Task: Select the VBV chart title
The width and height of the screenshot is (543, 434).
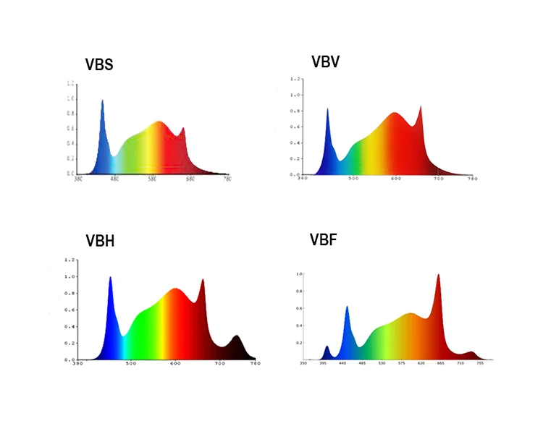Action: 325,61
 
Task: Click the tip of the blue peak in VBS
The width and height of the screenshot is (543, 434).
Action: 102,101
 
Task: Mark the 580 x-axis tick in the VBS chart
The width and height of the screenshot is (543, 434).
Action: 153,179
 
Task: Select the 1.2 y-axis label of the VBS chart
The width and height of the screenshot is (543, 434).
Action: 70,84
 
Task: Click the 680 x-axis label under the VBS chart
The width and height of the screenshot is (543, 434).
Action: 190,179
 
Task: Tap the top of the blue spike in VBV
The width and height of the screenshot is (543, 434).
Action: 327,109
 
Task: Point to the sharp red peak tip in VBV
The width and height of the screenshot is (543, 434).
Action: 420,106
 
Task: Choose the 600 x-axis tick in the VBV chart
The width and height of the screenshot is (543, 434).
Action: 396,179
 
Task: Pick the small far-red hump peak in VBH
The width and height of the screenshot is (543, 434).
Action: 237,336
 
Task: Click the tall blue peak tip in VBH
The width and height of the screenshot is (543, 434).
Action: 110,277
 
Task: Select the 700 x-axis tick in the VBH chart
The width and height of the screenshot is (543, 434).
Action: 219,364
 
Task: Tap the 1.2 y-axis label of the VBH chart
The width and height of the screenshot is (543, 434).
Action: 70,260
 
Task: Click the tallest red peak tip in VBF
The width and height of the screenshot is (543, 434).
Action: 437,275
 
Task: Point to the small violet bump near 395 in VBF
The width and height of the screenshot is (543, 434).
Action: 327,347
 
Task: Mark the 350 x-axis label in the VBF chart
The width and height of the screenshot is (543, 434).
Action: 303,364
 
